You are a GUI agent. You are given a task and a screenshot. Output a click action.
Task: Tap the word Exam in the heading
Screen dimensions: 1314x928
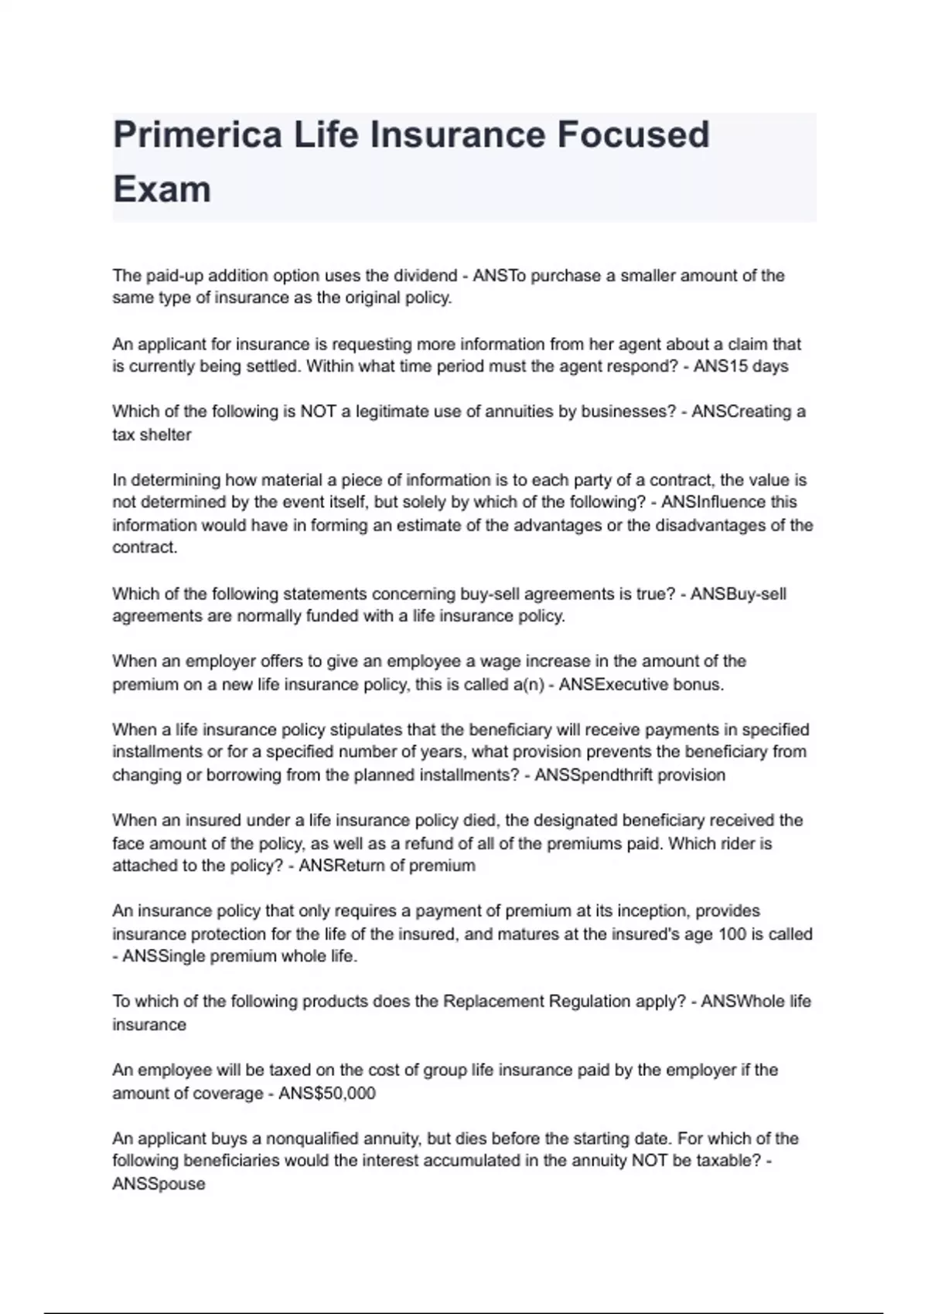point(162,189)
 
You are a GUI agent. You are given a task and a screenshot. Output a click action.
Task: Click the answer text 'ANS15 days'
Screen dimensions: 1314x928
point(740,366)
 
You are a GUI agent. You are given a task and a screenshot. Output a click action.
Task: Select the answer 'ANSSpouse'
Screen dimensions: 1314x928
point(159,1183)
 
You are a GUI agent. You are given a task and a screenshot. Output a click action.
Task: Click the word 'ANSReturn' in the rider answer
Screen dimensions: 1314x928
point(336,865)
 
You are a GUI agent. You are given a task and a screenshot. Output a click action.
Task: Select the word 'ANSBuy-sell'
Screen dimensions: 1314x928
point(738,594)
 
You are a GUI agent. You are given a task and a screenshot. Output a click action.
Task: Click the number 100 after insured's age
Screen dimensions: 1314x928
point(732,934)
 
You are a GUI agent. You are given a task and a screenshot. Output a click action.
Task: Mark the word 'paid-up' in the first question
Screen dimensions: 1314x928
point(173,276)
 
